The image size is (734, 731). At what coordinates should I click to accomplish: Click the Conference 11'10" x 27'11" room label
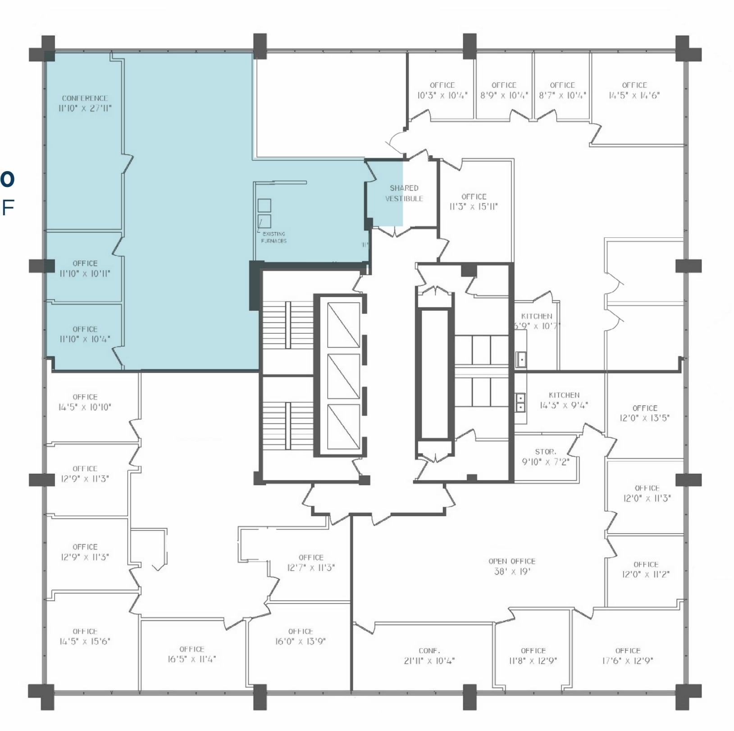tap(85, 103)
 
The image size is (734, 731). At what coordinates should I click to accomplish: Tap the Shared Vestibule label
tap(404, 193)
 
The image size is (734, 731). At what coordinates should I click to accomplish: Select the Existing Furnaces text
tap(274, 237)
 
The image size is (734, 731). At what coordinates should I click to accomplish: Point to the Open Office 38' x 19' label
tap(512, 567)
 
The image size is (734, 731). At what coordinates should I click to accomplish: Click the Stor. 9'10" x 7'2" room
tap(545, 457)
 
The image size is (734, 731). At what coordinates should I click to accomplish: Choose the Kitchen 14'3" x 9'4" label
tap(564, 400)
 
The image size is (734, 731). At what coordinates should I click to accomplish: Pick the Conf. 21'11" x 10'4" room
tap(429, 656)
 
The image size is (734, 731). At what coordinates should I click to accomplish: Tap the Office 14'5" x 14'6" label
tap(634, 90)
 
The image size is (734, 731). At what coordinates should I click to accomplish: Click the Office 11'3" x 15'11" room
tap(474, 202)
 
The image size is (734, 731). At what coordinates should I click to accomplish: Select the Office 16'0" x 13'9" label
tap(300, 636)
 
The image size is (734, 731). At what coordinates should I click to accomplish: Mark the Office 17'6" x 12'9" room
tap(627, 656)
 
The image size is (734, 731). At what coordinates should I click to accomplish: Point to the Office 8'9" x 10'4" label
tap(504, 90)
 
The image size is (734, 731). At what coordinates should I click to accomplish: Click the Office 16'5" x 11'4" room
tap(191, 654)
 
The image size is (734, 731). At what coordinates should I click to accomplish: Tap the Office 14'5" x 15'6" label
tap(85, 636)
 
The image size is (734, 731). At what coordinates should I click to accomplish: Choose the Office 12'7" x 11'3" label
tap(311, 563)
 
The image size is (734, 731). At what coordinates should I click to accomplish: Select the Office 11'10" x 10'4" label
tap(85, 334)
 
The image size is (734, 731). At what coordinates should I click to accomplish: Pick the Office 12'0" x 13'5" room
tap(644, 413)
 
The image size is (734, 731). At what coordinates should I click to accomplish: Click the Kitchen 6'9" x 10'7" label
tap(536, 321)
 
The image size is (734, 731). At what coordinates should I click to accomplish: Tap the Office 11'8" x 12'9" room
tap(533, 656)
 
